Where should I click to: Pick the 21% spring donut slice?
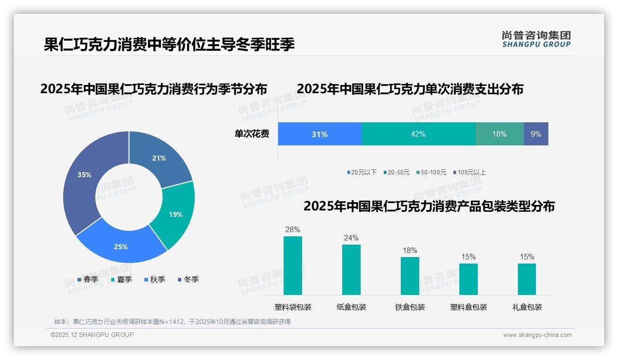pyautogui.click(x=159, y=159)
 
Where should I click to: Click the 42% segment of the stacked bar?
pyautogui.click(x=418, y=134)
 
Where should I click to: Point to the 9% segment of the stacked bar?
pyautogui.click(x=536, y=134)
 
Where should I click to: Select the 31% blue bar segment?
pyautogui.click(x=320, y=134)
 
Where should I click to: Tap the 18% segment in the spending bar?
pyautogui.click(x=499, y=134)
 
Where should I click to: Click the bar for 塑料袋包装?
pyautogui.click(x=293, y=265)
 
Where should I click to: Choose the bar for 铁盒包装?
pyautogui.click(x=410, y=276)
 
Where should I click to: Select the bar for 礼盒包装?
pyautogui.click(x=527, y=279)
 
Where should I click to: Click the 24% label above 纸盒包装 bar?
pyautogui.click(x=351, y=238)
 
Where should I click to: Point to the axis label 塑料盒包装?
pyautogui.click(x=469, y=307)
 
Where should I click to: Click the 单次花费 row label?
pyautogui.click(x=252, y=134)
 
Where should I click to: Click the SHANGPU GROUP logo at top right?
pyautogui.click(x=536, y=39)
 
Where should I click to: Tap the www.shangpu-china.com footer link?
pyautogui.click(x=537, y=335)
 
